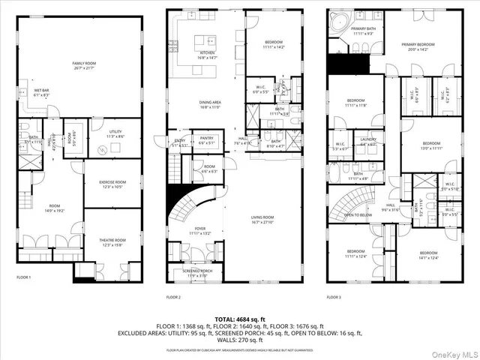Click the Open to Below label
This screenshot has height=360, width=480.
359,214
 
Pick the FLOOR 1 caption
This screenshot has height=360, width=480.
24,277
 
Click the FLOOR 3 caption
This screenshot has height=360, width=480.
333,297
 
